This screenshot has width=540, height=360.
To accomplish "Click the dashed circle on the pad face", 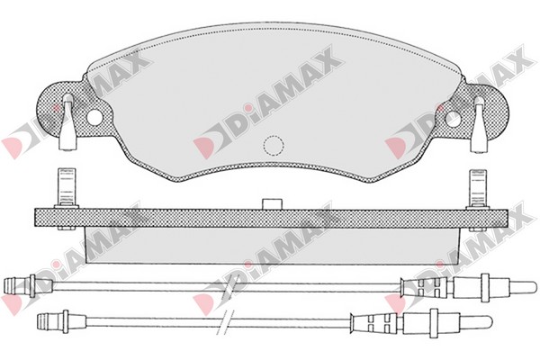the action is point(274,145).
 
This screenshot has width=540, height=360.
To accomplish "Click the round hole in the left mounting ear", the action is point(94,117).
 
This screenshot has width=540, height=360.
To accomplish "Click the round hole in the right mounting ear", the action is point(454,119).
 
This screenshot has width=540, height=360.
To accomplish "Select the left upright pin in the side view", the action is point(67,188).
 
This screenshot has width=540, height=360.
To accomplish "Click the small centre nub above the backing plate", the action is point(272,203).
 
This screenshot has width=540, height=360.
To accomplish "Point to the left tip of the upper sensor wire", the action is point(4,285).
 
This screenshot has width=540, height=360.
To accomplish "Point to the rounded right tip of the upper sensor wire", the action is point(535,286).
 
